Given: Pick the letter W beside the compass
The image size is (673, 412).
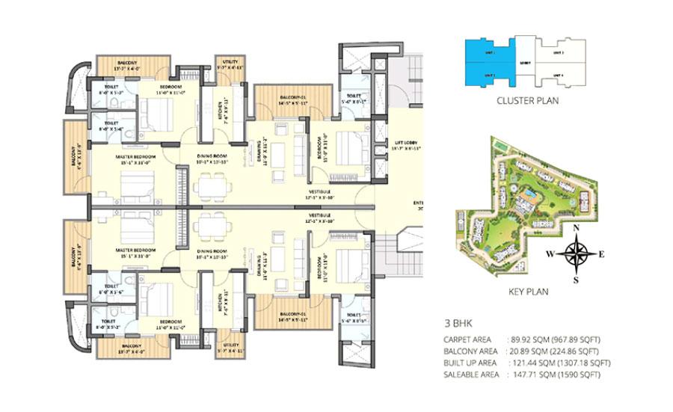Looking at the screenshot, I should pos(550,253).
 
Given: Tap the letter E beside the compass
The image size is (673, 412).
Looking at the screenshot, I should pos(601,253).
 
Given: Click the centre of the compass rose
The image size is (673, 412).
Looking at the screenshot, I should pos(577,253).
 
